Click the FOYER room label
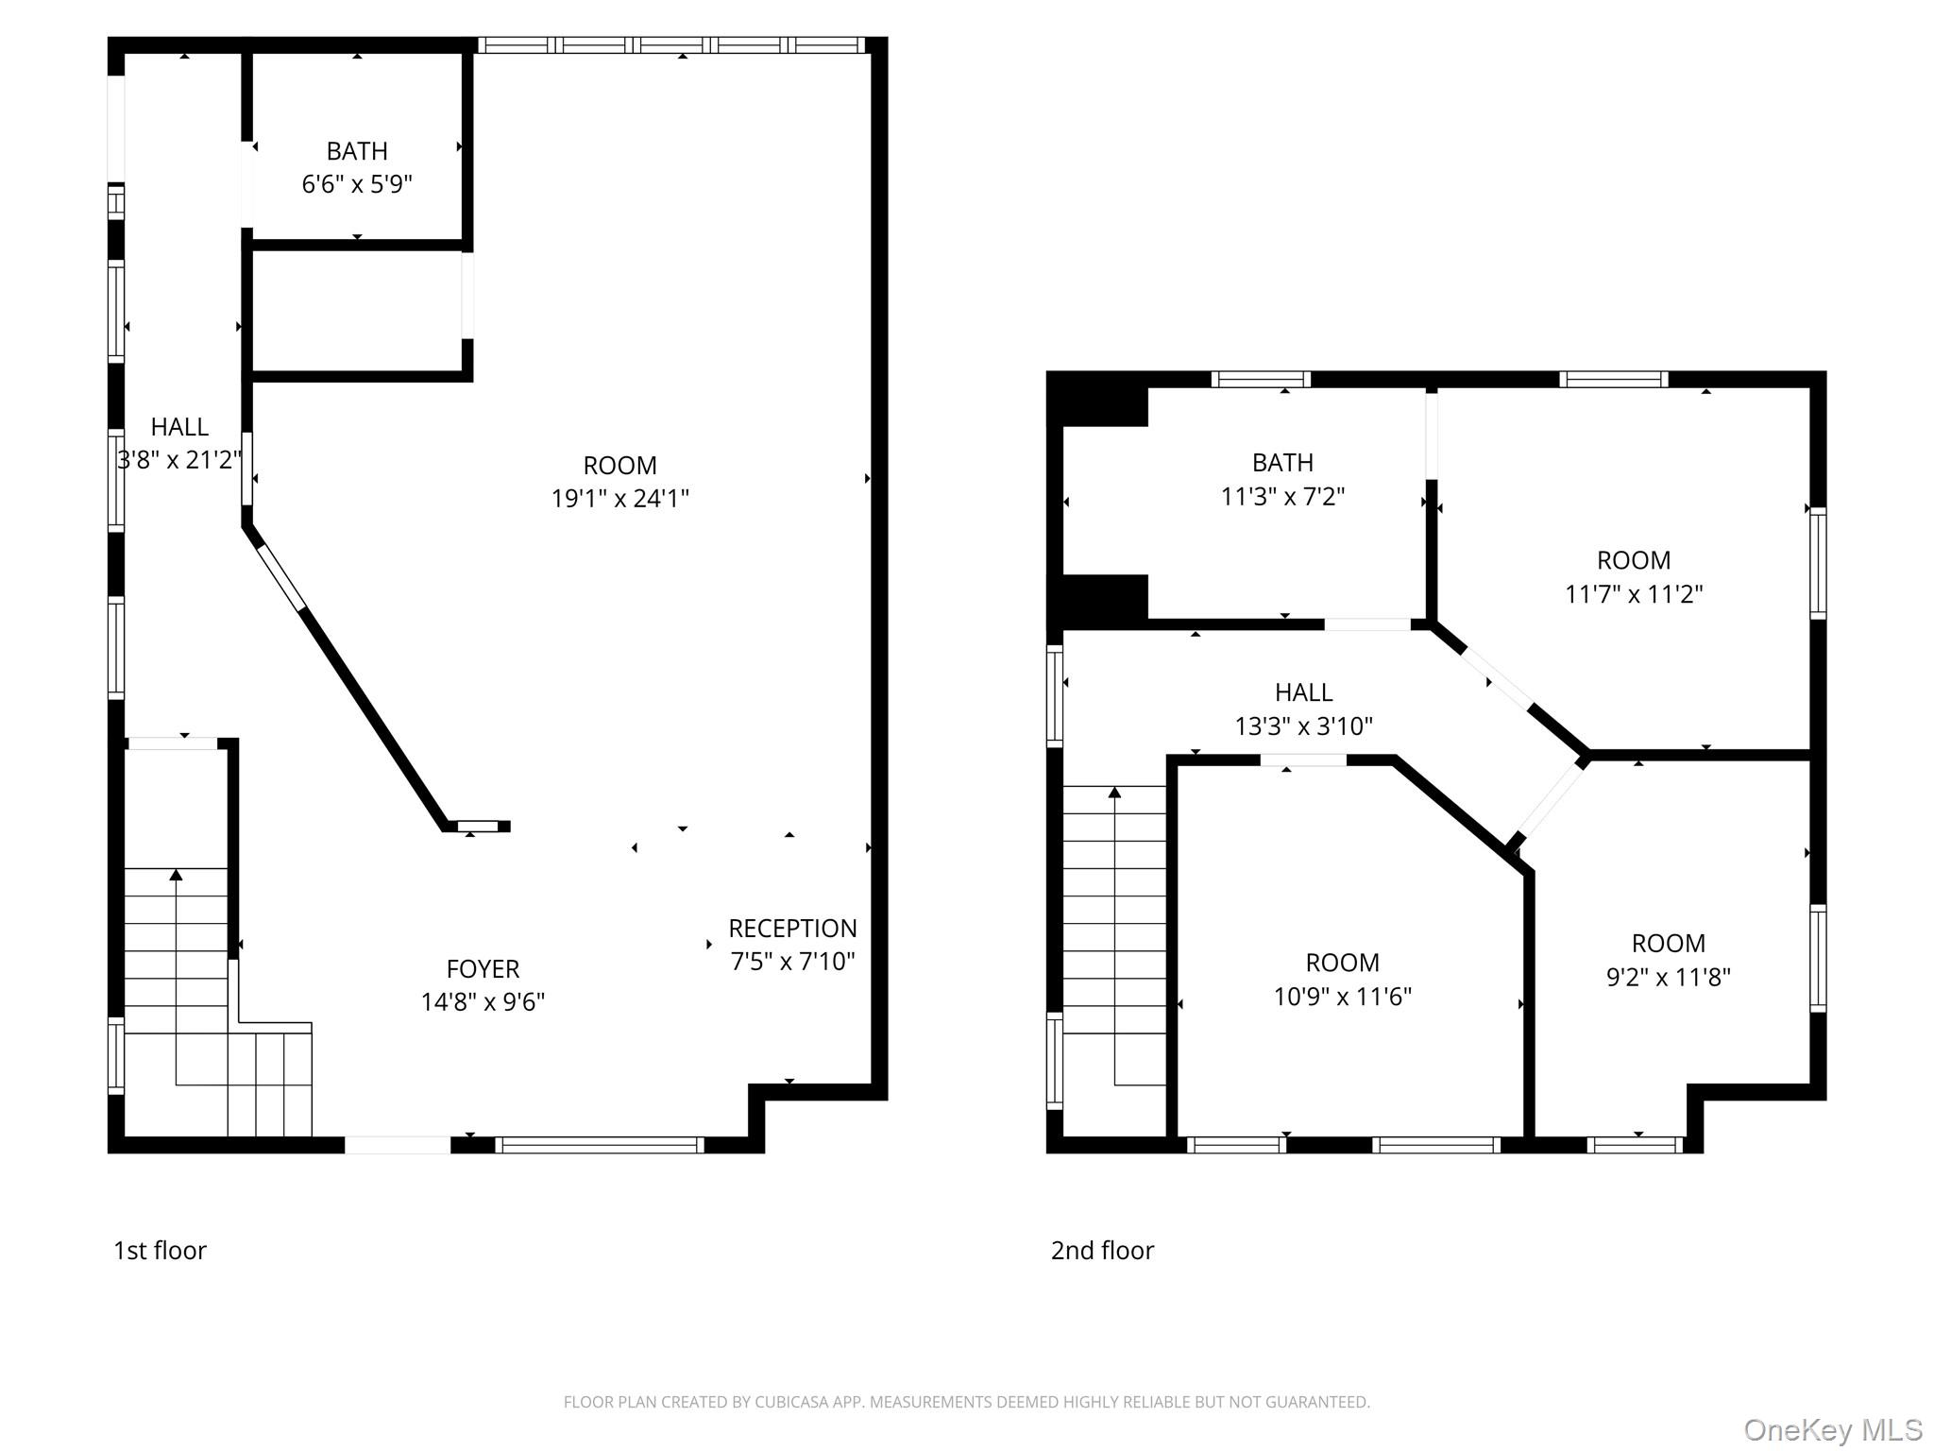coord(483,968)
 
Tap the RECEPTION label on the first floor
coord(792,928)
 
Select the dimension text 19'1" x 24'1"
coord(620,498)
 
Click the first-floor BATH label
coord(357,151)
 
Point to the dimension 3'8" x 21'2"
coord(179,460)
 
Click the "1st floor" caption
coord(160,1250)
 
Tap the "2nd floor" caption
coord(1102,1250)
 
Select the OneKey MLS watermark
coord(1833,1429)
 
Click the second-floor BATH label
coord(1282,463)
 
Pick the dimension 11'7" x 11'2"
coord(1634,593)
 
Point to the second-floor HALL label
coord(1303,692)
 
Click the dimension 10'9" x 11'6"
coord(1342,996)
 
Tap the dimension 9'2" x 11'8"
coord(1668,976)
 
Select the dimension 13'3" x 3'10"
coord(1303,725)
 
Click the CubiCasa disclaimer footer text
coord(966,1402)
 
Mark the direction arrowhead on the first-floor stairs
coord(176,875)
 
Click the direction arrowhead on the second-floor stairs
coord(1114,793)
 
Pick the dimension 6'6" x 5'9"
coord(357,183)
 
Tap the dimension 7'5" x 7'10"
coord(792,961)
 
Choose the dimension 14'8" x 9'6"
coord(483,1001)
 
